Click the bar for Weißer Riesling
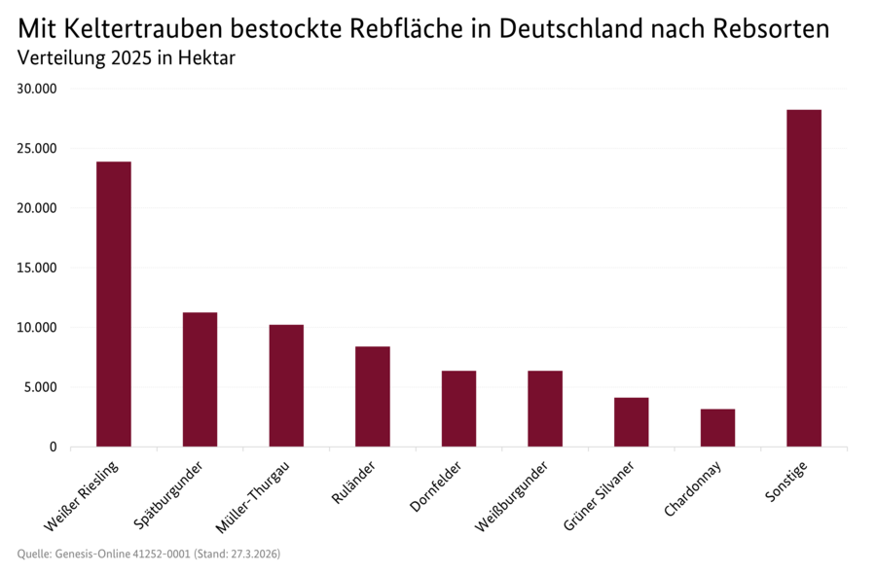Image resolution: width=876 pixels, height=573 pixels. pyautogui.click(x=113, y=304)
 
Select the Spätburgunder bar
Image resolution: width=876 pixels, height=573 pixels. pyautogui.click(x=200, y=379)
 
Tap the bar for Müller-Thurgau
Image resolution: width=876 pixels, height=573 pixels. pyautogui.click(x=286, y=385)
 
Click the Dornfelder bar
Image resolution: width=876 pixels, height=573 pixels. pyautogui.click(x=458, y=409)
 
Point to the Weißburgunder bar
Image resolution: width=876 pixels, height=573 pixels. pyautogui.click(x=545, y=409)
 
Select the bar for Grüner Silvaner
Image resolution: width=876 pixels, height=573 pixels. pyautogui.click(x=631, y=421)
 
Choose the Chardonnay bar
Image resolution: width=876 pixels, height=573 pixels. pyautogui.click(x=717, y=427)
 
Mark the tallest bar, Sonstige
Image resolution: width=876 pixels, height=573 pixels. pyautogui.click(x=804, y=278)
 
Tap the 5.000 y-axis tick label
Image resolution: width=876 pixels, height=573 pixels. pyautogui.click(x=42, y=387)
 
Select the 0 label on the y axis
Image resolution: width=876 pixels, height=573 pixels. pyautogui.click(x=55, y=447)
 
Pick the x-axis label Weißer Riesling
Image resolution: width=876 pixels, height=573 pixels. pyautogui.click(x=84, y=496)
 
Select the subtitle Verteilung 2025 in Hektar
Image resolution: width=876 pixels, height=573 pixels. pyautogui.click(x=127, y=58)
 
